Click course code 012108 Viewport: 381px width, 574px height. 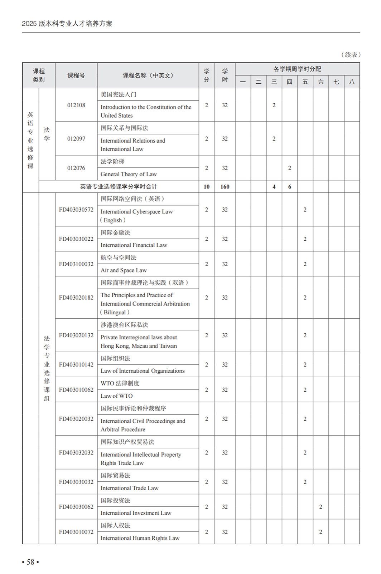pyautogui.click(x=76, y=105)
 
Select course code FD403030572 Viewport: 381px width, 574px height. pyautogui.click(x=76, y=210)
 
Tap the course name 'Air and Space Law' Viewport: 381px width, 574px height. pyautogui.click(x=124, y=270)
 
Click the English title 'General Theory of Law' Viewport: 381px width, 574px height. pyautogui.click(x=129, y=174)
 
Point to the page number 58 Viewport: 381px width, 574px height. pyautogui.click(x=30, y=562)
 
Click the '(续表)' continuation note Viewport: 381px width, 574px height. pyautogui.click(x=350, y=55)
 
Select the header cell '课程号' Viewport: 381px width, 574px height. pyautogui.click(x=76, y=75)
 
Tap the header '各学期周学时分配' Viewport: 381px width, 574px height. pyautogui.click(x=297, y=69)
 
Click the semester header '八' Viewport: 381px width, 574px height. pyautogui.click(x=352, y=82)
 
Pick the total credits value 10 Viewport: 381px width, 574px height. pyautogui.click(x=207, y=187)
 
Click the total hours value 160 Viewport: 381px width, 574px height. pyautogui.click(x=225, y=187)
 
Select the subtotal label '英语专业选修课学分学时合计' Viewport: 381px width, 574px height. pyautogui.click(x=119, y=187)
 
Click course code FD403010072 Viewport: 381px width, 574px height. pyautogui.click(x=76, y=532)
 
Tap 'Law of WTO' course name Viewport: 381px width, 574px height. pyautogui.click(x=116, y=396)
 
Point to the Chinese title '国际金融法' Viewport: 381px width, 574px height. pyautogui.click(x=115, y=233)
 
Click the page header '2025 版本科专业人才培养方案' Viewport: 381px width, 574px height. pyautogui.click(x=67, y=24)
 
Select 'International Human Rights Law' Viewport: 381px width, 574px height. pyautogui.click(x=140, y=538)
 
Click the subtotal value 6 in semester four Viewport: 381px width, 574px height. pyautogui.click(x=289, y=187)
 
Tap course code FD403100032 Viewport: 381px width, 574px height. pyautogui.click(x=76, y=264)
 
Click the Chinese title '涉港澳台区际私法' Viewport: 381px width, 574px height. pyautogui.click(x=124, y=325)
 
